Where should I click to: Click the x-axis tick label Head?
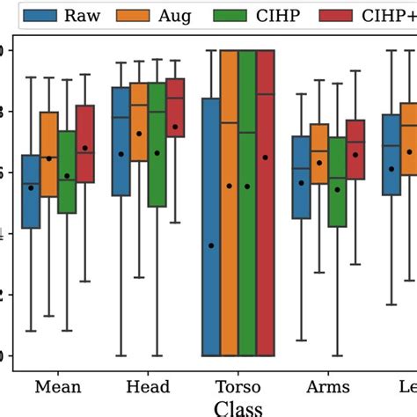(x=148, y=387)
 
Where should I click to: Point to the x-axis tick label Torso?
(x=238, y=387)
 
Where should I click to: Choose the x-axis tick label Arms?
(x=327, y=387)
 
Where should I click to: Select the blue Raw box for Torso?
(x=211, y=264)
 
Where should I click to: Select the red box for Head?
(x=175, y=106)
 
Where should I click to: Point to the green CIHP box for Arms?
(x=337, y=181)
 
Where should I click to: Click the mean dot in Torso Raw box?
(x=211, y=245)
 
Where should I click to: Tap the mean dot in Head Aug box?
(x=139, y=134)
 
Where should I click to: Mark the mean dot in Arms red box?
(x=355, y=155)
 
